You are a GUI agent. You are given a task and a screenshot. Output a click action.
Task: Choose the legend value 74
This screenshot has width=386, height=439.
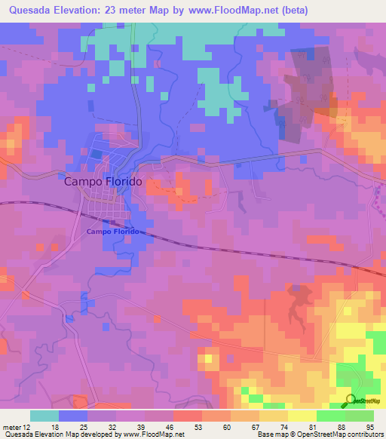pyautogui.click(x=262, y=426)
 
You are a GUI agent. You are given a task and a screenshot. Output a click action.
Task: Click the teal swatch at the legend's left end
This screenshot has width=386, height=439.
pyautogui.click(x=44, y=416)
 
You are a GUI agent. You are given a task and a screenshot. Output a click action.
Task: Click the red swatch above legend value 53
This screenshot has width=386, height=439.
pyautogui.click(x=187, y=416)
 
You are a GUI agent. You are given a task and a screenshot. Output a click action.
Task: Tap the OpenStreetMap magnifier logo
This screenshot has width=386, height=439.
pyautogui.click(x=351, y=401)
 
